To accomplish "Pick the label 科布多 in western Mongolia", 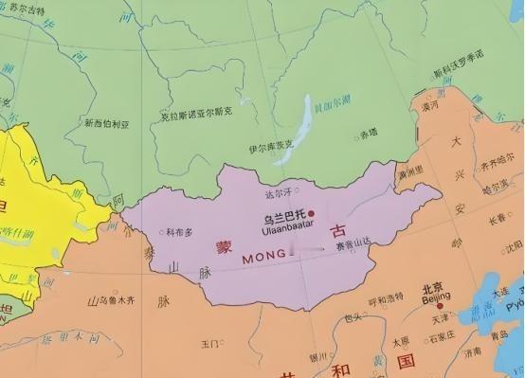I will pos(180,231).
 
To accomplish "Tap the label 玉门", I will pos(210,342).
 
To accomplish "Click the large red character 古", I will pos(337,231).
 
